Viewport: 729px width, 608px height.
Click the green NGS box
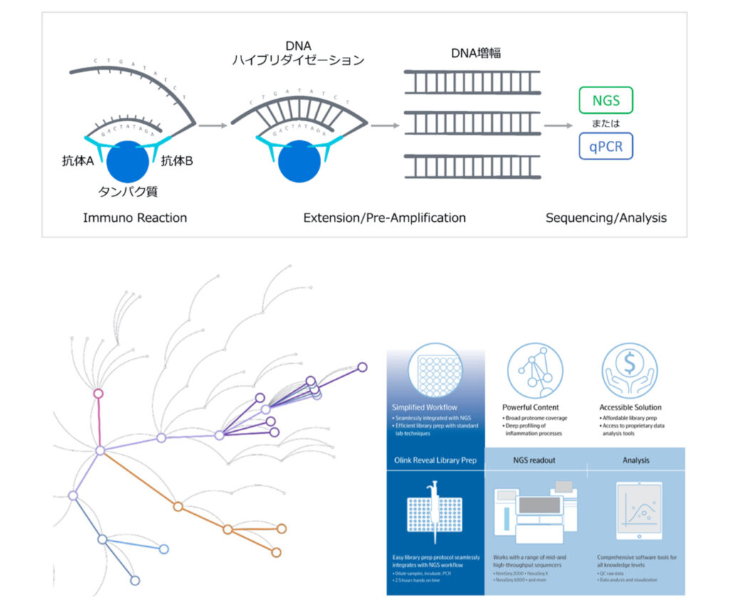[606, 100]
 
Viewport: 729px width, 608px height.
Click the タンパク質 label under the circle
[128, 192]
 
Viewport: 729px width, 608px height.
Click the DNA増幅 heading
[476, 53]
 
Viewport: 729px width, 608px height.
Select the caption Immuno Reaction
[135, 218]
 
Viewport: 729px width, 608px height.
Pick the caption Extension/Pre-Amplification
[384, 218]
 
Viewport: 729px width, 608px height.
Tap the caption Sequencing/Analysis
[606, 218]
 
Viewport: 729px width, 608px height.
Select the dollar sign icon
[629, 368]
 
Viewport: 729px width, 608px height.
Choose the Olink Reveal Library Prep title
[435, 460]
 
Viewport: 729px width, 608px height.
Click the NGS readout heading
[534, 460]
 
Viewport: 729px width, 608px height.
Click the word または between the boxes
[606, 123]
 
